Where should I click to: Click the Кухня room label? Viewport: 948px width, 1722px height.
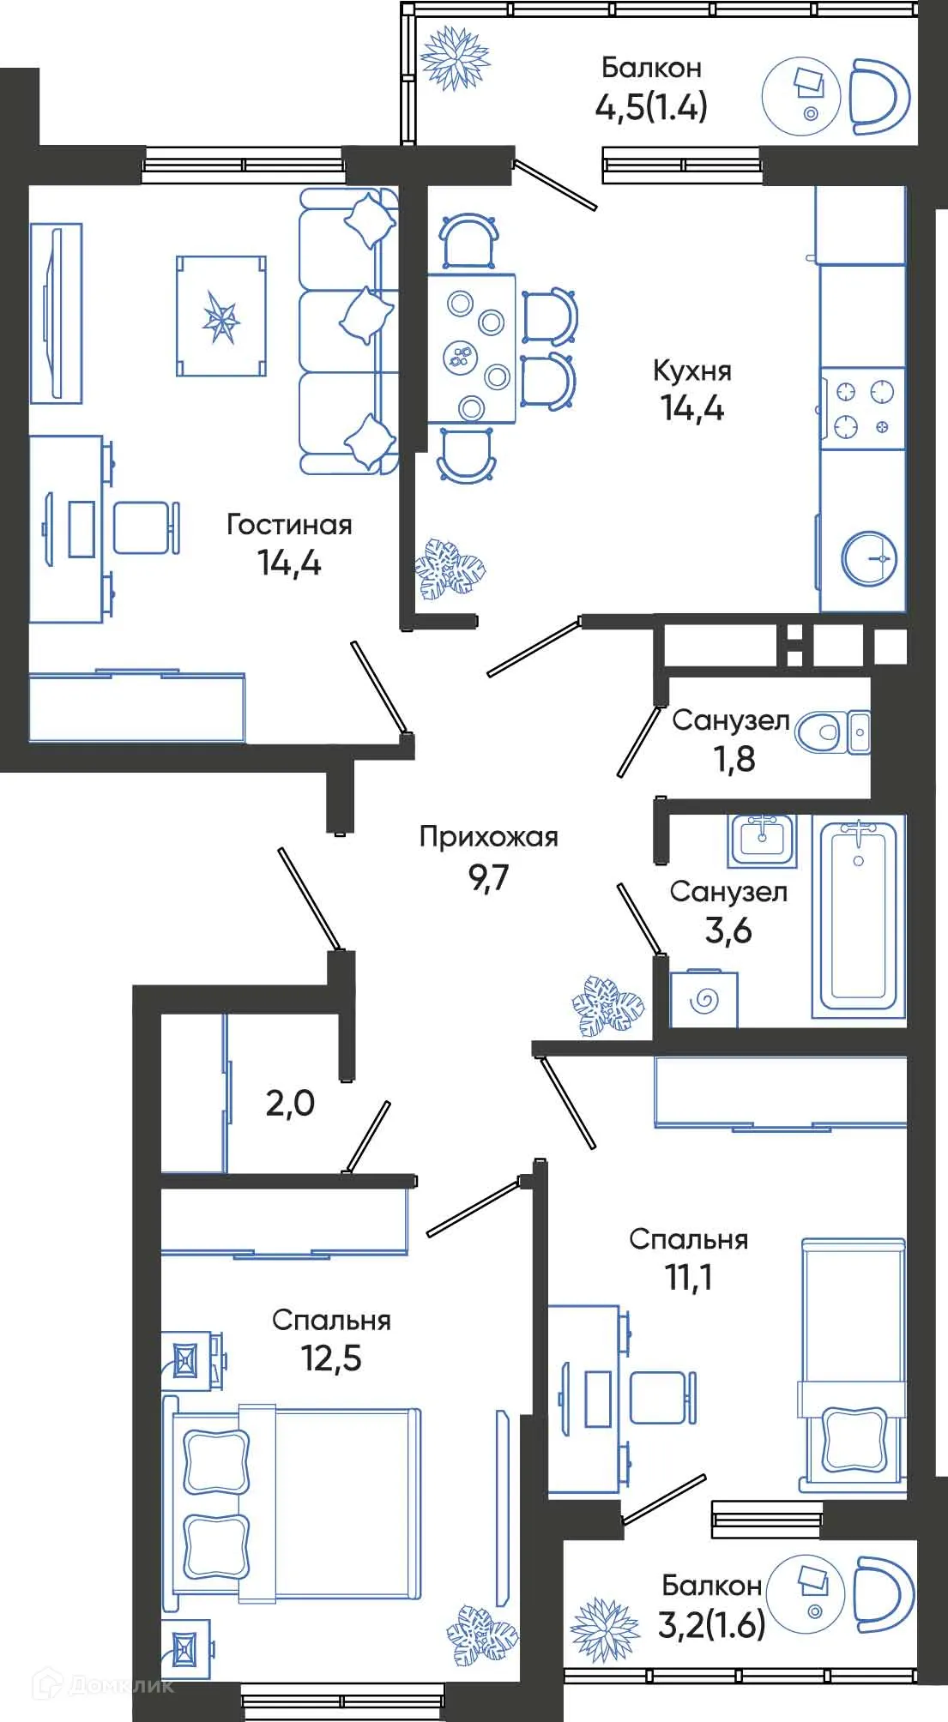(691, 370)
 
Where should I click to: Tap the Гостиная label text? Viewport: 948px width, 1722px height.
(289, 524)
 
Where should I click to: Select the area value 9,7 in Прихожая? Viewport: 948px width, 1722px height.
(488, 877)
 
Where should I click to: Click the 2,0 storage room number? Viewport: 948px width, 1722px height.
(289, 1103)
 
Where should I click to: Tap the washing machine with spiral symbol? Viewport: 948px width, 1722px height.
(703, 999)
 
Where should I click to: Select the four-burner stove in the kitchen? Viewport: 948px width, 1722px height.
(862, 408)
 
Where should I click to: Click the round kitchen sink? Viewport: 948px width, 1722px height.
(869, 558)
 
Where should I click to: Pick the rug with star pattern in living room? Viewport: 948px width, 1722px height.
(221, 316)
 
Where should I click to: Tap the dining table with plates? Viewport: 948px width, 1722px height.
(472, 348)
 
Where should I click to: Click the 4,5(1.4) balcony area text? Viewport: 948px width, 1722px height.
(651, 107)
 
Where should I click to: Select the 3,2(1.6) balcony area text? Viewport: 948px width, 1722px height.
(711, 1624)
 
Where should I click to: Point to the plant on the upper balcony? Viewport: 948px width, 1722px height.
(454, 58)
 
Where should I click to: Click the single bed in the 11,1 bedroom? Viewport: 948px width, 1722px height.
(853, 1364)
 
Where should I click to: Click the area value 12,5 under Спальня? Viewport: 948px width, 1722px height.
(331, 1358)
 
